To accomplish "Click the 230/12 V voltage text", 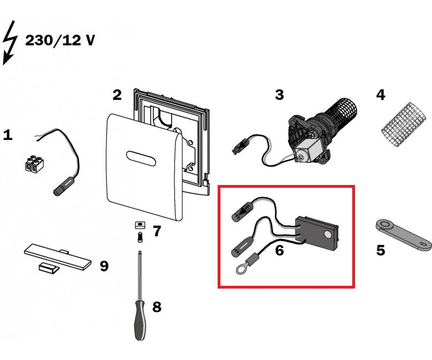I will pyautogui.click(x=60, y=40).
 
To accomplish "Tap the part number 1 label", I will pyautogui.click(x=8, y=135).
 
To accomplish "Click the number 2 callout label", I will pyautogui.click(x=117, y=95).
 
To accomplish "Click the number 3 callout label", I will pyautogui.click(x=279, y=95).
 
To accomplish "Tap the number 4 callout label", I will pyautogui.click(x=380, y=95).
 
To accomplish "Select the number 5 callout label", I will pyautogui.click(x=380, y=250).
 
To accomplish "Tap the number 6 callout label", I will pyautogui.click(x=279, y=250).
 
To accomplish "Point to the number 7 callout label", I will pyautogui.click(x=157, y=231).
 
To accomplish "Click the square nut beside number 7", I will pyautogui.click(x=140, y=224).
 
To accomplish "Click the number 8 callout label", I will pyautogui.click(x=157, y=306).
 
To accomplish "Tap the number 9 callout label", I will pyautogui.click(x=104, y=266).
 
